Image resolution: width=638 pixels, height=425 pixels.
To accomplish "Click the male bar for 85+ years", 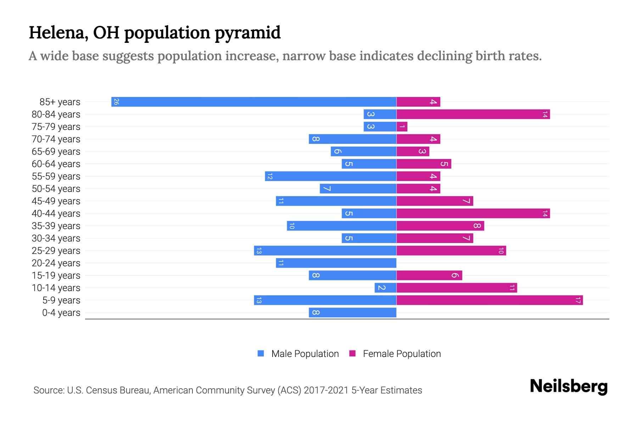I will pos(254,102).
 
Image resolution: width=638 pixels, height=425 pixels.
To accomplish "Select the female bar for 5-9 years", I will pos(489,300).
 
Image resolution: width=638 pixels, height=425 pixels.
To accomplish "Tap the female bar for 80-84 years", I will pos(473,114).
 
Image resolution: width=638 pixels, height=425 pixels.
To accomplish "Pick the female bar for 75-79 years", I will pos(402,127).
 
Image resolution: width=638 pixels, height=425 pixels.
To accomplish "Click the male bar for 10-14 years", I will pos(385,288).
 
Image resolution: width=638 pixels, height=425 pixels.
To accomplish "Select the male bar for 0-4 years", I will pos(352,313).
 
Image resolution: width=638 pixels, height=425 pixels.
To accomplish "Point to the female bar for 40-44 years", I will pos(473,214).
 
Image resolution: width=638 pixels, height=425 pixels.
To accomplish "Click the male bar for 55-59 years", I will pos(330,176).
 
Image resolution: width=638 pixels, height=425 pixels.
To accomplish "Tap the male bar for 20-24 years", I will pos(336,263).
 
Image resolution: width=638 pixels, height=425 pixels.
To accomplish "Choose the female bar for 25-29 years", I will pos(451,251).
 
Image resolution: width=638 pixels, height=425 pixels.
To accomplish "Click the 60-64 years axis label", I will pos(56,164).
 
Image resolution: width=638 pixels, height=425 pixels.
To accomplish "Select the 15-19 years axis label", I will pos(56,276).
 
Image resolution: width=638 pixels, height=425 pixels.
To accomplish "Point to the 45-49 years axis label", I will pos(56,201).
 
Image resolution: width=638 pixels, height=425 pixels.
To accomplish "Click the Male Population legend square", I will pos(261,353).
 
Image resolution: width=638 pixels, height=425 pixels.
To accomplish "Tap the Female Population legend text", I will pos(402,354).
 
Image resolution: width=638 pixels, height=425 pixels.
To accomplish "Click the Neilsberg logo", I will pos(569,386).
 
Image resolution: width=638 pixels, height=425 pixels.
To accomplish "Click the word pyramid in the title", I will pos(247,33).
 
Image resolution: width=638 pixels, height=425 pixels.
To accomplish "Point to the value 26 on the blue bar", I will pos(116,102).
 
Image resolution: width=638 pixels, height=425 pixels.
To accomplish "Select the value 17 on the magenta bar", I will pos(578,300).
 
